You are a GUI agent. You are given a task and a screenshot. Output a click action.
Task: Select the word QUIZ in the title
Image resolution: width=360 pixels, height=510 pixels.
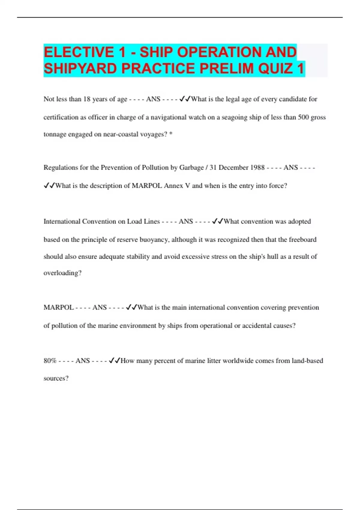click(275, 69)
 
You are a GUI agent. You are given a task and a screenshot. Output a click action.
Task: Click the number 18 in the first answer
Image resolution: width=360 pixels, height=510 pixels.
click(87, 99)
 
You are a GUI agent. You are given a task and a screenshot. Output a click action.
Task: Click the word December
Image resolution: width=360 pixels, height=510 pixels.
click(233, 168)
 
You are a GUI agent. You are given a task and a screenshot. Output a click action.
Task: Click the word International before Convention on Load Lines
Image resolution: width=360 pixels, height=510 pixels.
click(62, 222)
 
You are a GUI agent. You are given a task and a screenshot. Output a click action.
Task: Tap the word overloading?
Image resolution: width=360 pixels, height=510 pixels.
click(62, 273)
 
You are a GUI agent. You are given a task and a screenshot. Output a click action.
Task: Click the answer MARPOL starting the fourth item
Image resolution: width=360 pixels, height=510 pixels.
click(58, 308)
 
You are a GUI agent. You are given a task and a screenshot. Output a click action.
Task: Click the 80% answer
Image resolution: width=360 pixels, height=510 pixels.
click(50, 361)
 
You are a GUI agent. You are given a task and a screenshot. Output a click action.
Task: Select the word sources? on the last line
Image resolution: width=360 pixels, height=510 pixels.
click(56, 379)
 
